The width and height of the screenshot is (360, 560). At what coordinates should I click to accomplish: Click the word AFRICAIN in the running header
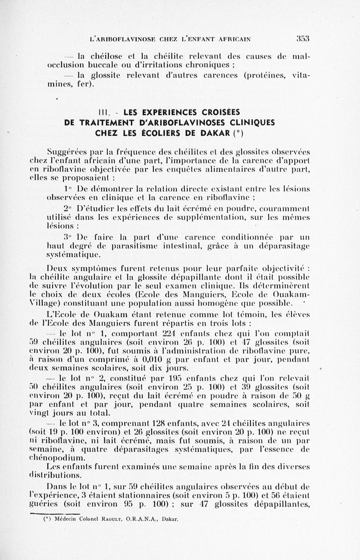(x=229, y=39)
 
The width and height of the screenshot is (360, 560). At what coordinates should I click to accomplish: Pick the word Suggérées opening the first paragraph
(x=67, y=151)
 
